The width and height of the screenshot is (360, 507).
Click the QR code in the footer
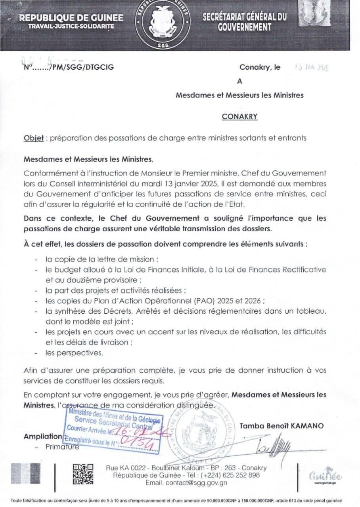(83, 474)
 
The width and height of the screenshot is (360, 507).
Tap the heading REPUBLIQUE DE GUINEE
(71, 18)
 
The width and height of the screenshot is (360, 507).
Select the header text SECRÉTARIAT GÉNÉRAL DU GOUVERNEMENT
(245, 21)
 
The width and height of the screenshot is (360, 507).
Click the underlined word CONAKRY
(240, 116)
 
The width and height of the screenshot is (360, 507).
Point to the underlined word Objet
(33, 138)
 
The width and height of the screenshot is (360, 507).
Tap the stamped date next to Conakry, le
(313, 68)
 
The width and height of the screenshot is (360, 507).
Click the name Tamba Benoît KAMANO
(281, 426)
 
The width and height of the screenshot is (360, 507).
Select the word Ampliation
(43, 436)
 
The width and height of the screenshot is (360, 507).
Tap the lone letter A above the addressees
(239, 81)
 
